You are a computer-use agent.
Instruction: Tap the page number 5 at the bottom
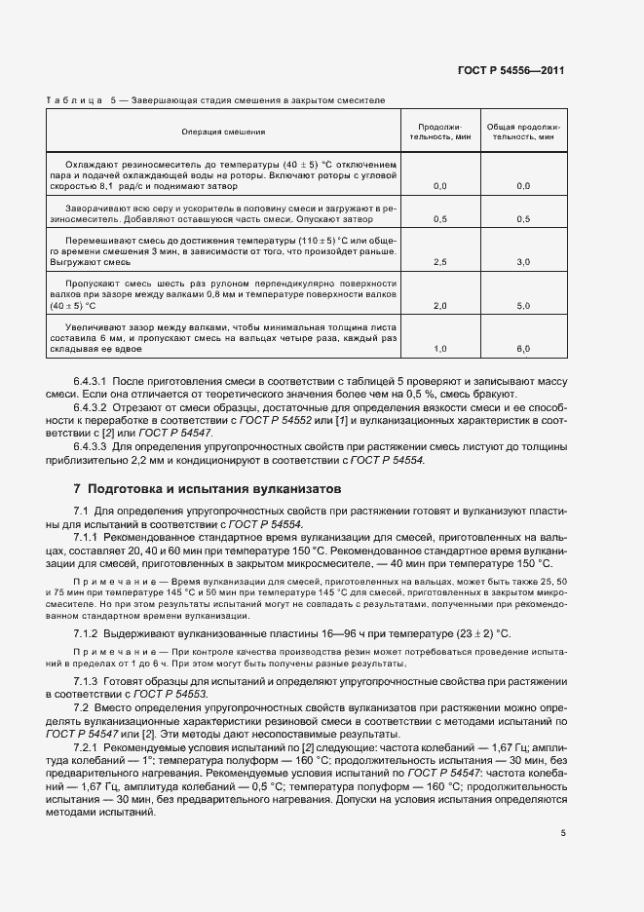click(x=563, y=832)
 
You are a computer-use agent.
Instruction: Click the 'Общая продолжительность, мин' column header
click(x=523, y=132)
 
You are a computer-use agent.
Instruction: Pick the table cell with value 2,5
click(x=439, y=262)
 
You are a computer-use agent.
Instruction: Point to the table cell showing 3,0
click(x=523, y=262)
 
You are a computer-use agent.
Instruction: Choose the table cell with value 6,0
click(x=523, y=348)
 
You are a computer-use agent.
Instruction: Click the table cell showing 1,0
click(x=439, y=348)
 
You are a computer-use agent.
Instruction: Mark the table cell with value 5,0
click(x=523, y=305)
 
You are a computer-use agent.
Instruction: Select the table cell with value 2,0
click(x=439, y=305)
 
